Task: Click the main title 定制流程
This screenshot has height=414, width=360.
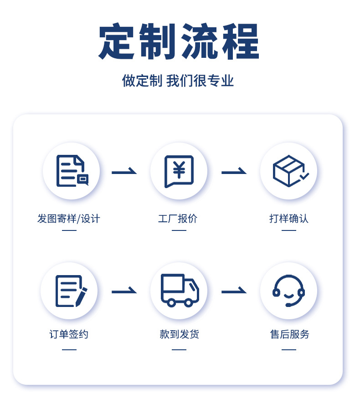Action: click(179, 42)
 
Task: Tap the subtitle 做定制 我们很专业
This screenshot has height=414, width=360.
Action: click(178, 81)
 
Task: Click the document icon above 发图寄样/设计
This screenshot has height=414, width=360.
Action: click(71, 171)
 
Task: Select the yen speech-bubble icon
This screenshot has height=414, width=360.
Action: click(179, 171)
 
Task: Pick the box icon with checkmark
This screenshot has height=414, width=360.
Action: click(289, 171)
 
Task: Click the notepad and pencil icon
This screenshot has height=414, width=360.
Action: click(70, 291)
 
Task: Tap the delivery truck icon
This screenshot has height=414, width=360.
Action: click(179, 290)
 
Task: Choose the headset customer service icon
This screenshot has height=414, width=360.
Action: click(288, 291)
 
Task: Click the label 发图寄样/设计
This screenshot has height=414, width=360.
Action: click(68, 219)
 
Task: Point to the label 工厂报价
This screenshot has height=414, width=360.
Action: click(178, 219)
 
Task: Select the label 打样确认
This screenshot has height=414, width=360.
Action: click(289, 219)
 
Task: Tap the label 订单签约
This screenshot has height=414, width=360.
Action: click(69, 334)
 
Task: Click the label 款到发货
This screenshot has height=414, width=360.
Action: click(179, 334)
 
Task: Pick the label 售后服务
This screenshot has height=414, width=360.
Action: click(289, 334)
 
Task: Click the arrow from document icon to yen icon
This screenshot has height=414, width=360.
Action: click(124, 172)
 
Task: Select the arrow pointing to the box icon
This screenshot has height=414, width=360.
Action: click(234, 172)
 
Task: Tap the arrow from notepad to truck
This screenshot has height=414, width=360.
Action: click(124, 291)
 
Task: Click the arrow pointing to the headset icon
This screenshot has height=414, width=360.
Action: click(234, 291)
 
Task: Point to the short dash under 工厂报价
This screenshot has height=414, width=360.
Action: click(179, 230)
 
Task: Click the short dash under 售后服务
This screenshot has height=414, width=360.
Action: click(289, 350)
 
